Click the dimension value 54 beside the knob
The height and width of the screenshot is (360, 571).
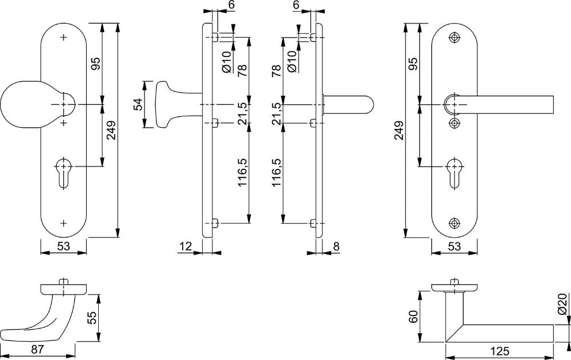pos(138,104)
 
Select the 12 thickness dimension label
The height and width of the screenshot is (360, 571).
pos(186,246)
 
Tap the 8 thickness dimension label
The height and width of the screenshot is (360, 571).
pos(336,246)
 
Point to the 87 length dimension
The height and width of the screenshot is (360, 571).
pos(37,350)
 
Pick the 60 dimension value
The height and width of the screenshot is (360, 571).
pos(413,316)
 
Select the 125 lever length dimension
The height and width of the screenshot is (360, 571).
pos(499,351)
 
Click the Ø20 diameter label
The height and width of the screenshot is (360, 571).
pos(562,304)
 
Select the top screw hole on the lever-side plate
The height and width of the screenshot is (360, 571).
pos(454,38)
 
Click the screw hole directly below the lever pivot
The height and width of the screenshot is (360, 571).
pos(454,123)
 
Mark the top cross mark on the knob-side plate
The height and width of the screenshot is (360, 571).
pos(64,38)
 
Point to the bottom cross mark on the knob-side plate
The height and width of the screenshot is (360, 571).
pos(64,223)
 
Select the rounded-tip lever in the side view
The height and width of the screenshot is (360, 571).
pos(348,104)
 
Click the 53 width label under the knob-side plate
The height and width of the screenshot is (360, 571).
pos(63,246)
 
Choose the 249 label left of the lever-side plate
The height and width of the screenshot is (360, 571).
pos(400,130)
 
